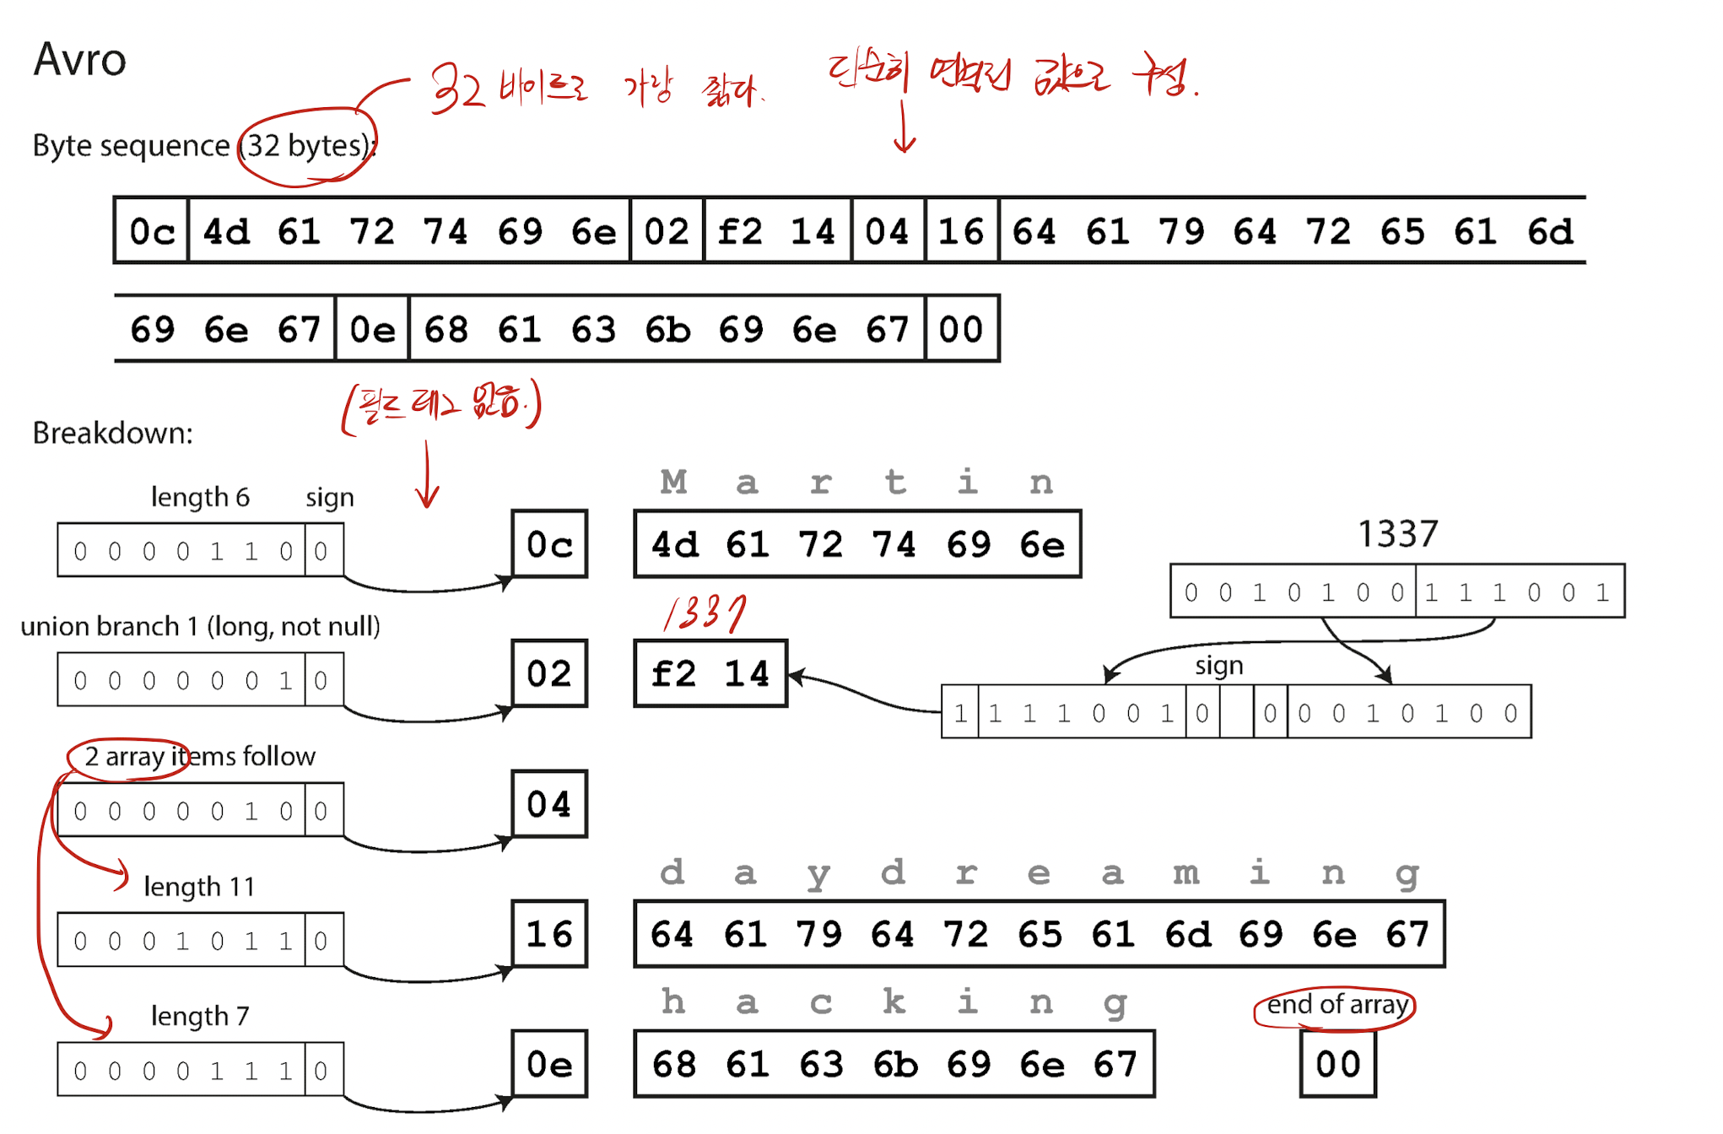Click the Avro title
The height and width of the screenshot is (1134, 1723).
point(80,60)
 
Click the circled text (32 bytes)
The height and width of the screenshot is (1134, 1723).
point(307,146)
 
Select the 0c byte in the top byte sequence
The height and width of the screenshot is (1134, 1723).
point(152,231)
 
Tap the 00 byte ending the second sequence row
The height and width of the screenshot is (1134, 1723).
point(961,329)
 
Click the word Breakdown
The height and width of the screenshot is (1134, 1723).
point(112,433)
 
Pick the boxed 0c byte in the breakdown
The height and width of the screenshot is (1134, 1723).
point(549,544)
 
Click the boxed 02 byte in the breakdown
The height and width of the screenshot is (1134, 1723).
point(549,673)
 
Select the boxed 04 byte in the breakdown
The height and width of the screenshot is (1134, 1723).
point(549,804)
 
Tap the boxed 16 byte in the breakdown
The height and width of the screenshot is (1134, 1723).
point(549,934)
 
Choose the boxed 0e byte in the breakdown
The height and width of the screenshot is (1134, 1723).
point(549,1064)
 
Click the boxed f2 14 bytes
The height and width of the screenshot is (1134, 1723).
point(710,673)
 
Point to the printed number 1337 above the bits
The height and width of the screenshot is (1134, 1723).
point(1397,533)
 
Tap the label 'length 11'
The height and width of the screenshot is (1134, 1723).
point(199,886)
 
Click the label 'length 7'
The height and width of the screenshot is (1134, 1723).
point(200,1016)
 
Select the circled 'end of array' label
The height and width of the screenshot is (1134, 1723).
point(1337,1005)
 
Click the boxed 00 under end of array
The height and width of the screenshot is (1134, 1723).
point(1337,1064)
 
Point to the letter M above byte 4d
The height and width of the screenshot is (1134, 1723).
point(673,483)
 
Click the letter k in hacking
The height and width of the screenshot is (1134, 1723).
point(894,1002)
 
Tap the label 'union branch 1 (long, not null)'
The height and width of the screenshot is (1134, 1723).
point(200,626)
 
